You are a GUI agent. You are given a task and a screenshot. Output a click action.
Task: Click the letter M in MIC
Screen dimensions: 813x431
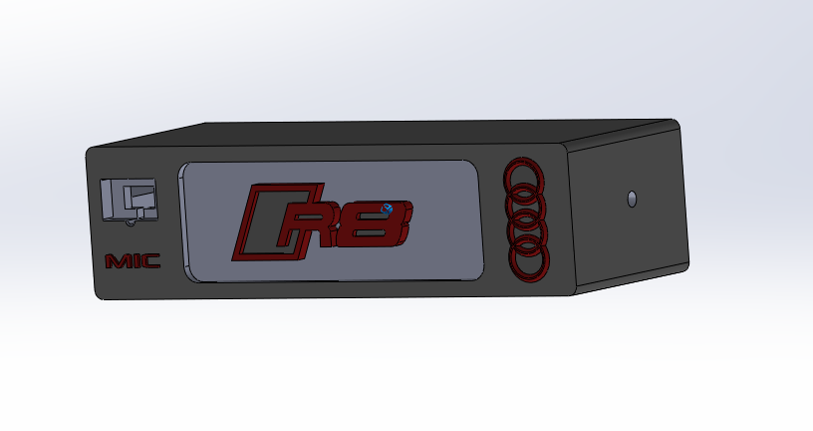pos(118,261)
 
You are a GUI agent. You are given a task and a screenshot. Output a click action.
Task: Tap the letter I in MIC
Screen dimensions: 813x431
pos(135,261)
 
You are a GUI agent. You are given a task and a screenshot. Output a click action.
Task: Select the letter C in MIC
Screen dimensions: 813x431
pos(149,261)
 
